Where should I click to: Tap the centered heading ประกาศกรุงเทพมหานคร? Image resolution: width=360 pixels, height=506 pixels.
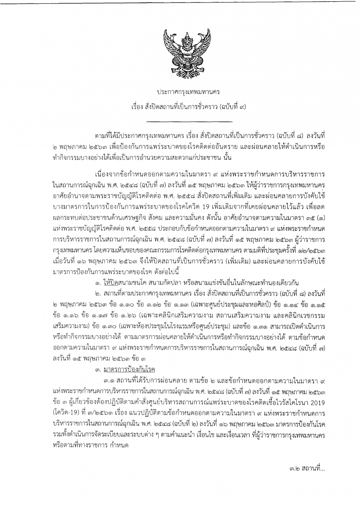180,92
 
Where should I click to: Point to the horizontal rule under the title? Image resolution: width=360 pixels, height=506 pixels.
180,122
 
